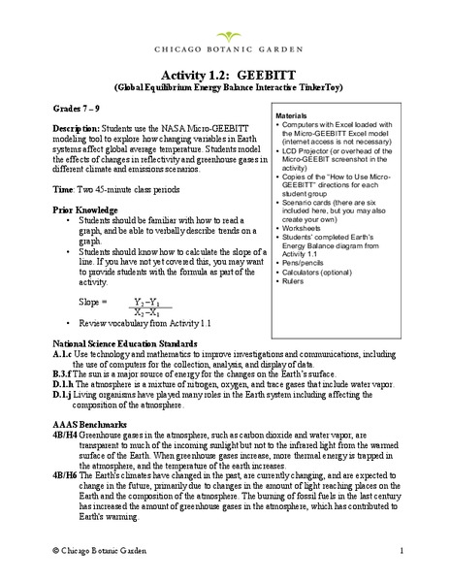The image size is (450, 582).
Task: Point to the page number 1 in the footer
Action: click(x=400, y=551)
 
